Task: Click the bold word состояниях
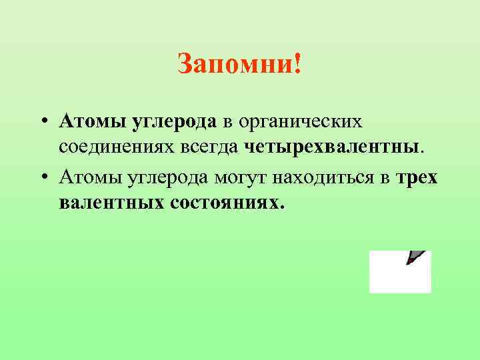pos(228,201)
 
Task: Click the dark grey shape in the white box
pos(416,257)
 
